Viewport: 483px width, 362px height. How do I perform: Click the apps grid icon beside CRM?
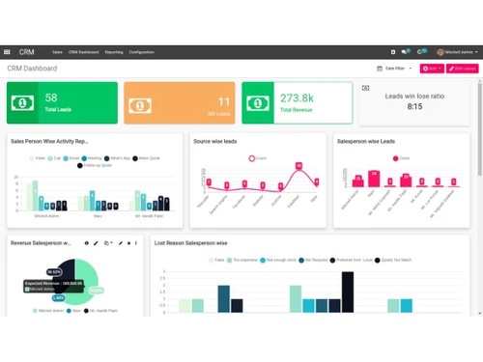(x=8, y=52)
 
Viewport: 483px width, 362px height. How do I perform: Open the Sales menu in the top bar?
(x=57, y=52)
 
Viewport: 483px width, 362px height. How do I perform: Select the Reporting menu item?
(x=114, y=52)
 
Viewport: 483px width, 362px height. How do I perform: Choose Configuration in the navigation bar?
(x=141, y=52)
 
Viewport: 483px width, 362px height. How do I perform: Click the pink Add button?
(x=431, y=69)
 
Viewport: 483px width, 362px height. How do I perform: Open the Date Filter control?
(x=396, y=69)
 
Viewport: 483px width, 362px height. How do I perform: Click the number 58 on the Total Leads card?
(x=51, y=97)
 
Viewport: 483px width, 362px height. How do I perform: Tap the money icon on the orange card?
(x=139, y=104)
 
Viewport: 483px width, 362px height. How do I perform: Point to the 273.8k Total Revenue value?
(x=297, y=98)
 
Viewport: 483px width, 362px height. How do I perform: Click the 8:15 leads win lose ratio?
(x=415, y=106)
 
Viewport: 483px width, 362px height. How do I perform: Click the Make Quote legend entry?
(x=148, y=157)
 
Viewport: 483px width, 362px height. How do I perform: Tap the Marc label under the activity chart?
(x=98, y=215)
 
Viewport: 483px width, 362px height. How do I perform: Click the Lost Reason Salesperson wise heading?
(x=190, y=243)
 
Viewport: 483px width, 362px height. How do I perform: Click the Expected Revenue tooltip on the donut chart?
(x=54, y=283)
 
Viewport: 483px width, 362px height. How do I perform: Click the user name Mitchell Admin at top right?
(x=459, y=52)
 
